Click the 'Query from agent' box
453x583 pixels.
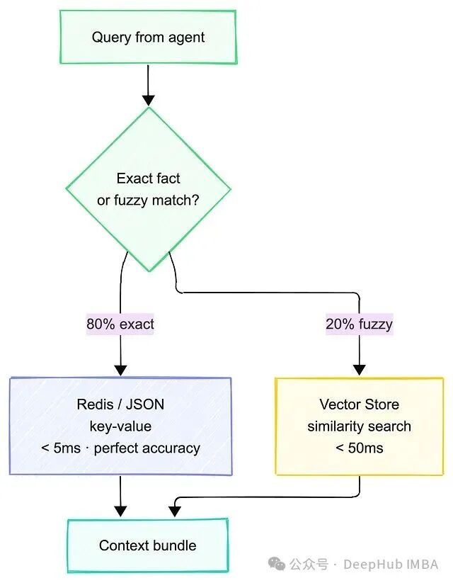click(148, 37)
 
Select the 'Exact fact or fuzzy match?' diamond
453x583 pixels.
click(149, 189)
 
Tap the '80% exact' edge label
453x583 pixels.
click(120, 324)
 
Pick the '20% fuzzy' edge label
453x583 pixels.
click(359, 324)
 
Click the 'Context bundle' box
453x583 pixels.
click(147, 545)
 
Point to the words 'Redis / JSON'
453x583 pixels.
click(120, 404)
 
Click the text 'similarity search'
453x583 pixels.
click(359, 426)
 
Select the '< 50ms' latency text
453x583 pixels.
click(359, 448)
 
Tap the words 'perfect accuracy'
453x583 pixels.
click(147, 448)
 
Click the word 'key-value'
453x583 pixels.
click(120, 426)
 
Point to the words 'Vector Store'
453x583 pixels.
click(359, 404)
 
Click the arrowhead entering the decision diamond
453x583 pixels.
click(148, 101)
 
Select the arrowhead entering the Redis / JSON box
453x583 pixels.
click(121, 370)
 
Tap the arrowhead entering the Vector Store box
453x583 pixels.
click(359, 370)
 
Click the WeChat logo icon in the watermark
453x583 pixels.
click(277, 564)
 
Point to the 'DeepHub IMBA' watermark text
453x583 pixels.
click(391, 564)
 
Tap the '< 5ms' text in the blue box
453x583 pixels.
click(61, 448)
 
